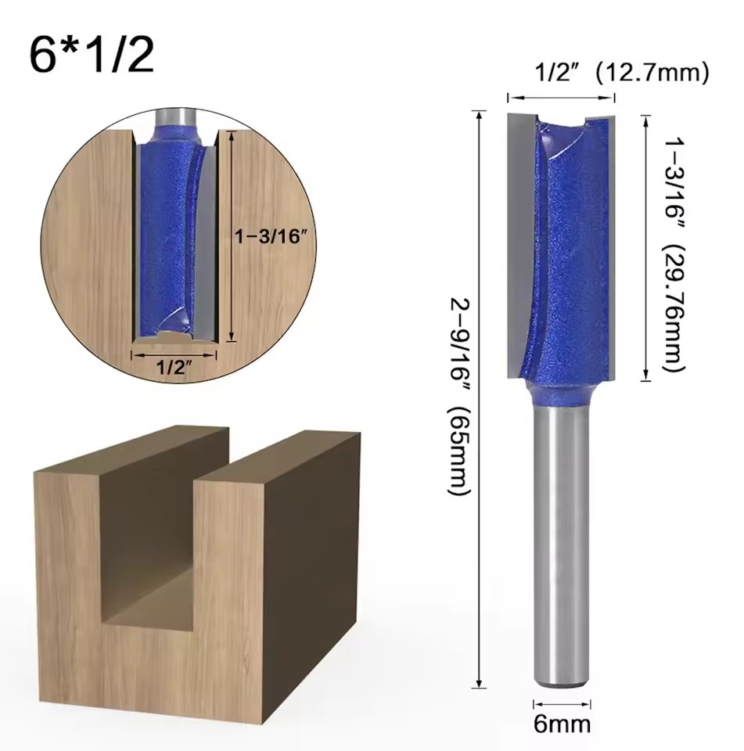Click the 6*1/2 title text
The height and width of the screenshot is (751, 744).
(92, 56)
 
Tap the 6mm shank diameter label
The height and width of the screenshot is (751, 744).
(562, 724)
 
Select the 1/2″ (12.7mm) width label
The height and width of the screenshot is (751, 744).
(621, 74)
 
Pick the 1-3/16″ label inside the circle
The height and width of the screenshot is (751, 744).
(270, 236)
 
